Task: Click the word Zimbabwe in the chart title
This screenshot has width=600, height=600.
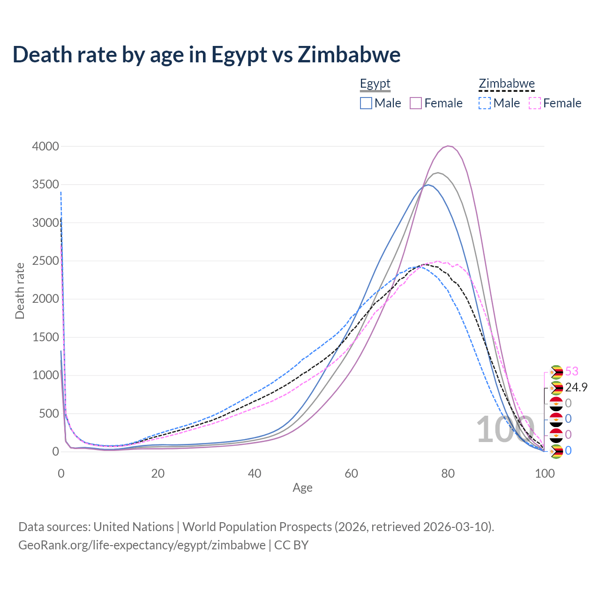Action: pyautogui.click(x=349, y=54)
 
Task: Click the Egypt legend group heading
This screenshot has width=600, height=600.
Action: pyautogui.click(x=375, y=84)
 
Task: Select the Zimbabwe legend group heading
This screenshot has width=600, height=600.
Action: pyautogui.click(x=507, y=84)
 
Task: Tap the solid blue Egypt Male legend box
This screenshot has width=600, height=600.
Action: pyautogui.click(x=366, y=103)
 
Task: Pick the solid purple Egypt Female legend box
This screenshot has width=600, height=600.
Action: pyautogui.click(x=416, y=103)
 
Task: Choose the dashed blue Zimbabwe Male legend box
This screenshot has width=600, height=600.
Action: pyautogui.click(x=485, y=103)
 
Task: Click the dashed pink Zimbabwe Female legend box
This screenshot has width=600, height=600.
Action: pyautogui.click(x=535, y=103)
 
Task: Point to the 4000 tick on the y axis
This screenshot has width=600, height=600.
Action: pyautogui.click(x=45, y=146)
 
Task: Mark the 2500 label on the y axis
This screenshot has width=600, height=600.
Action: pyautogui.click(x=45, y=261)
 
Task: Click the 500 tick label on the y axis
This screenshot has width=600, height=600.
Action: pyautogui.click(x=49, y=413)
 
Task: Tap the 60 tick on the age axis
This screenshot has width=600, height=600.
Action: pyautogui.click(x=351, y=473)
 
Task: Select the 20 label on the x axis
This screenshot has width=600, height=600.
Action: pyautogui.click(x=157, y=473)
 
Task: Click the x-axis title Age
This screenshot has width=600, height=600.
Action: pyautogui.click(x=302, y=488)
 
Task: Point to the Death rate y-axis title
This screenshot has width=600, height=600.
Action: pyautogui.click(x=20, y=291)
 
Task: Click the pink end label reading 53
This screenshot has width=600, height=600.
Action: pyautogui.click(x=572, y=371)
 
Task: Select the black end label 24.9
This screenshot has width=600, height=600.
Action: pyautogui.click(x=576, y=387)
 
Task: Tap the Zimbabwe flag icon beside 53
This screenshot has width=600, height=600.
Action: pyautogui.click(x=556, y=372)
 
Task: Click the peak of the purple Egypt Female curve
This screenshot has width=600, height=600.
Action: pyautogui.click(x=449, y=146)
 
